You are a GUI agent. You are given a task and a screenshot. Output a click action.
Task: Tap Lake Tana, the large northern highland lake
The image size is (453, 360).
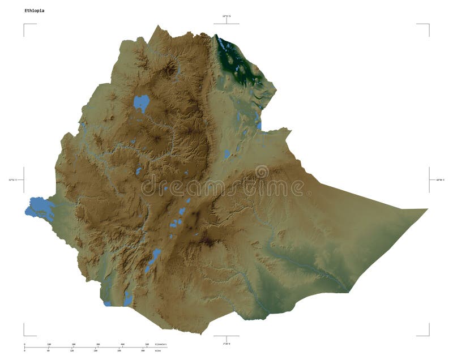click(141, 103)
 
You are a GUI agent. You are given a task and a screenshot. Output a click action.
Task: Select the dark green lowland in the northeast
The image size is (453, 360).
click(237, 62)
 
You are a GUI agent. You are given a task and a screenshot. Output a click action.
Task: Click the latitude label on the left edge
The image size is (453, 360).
click(12, 180)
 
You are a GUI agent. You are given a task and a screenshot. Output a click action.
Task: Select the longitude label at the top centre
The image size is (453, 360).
click(226, 17)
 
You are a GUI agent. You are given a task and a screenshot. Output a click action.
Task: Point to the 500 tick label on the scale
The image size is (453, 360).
click(147, 344)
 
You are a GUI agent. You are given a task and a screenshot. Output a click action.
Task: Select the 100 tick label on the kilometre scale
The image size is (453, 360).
click(49, 344)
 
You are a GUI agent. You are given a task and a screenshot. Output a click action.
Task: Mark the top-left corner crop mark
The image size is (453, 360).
click(24, 24)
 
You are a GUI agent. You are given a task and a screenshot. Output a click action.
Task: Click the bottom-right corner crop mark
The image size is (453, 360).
click(428, 335)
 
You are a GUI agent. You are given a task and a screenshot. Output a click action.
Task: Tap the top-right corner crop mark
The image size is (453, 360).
click(428, 24)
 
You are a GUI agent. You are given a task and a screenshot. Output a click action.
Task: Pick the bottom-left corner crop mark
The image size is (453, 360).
click(24, 335)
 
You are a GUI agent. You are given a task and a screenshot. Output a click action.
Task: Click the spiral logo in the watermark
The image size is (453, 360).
click(262, 172)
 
